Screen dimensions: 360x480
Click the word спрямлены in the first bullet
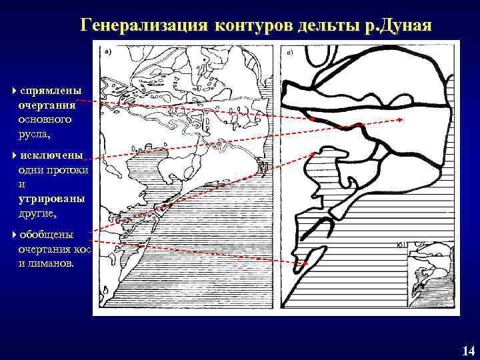point(51,89)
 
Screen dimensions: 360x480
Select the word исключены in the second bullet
point(51,155)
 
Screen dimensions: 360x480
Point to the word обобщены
point(47,235)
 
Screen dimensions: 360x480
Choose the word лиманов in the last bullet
point(55,263)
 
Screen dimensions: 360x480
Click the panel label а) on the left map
point(107,50)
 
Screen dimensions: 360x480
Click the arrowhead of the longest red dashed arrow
point(400,120)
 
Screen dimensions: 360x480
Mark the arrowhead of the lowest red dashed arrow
point(305,265)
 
